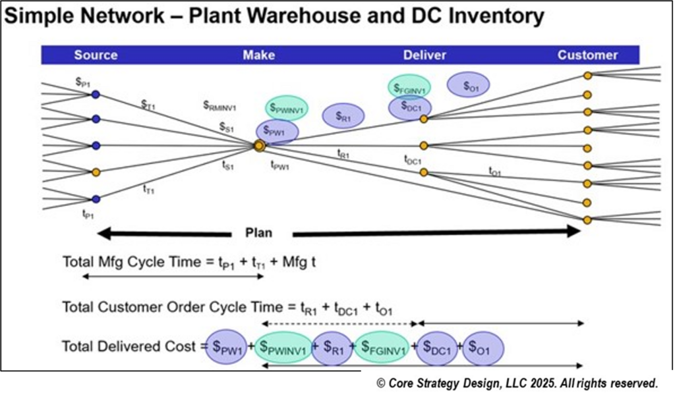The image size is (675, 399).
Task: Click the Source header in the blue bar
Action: [96, 55]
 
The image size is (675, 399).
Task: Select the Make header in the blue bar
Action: [258, 55]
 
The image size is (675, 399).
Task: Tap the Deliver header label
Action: [424, 55]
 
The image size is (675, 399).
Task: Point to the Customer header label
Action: [587, 55]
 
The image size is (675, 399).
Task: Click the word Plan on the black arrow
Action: [258, 233]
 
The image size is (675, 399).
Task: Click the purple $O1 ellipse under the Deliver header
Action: [468, 85]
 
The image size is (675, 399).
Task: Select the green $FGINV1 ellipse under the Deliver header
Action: [409, 86]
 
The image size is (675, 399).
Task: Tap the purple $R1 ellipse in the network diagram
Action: [343, 117]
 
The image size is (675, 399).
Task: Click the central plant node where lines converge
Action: [259, 146]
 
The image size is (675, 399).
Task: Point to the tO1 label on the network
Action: [495, 171]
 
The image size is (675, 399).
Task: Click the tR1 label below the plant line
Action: [343, 153]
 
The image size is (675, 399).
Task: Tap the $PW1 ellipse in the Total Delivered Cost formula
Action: [227, 348]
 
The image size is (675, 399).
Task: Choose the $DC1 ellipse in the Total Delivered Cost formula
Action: [436, 348]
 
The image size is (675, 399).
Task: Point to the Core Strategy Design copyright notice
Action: [517, 383]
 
